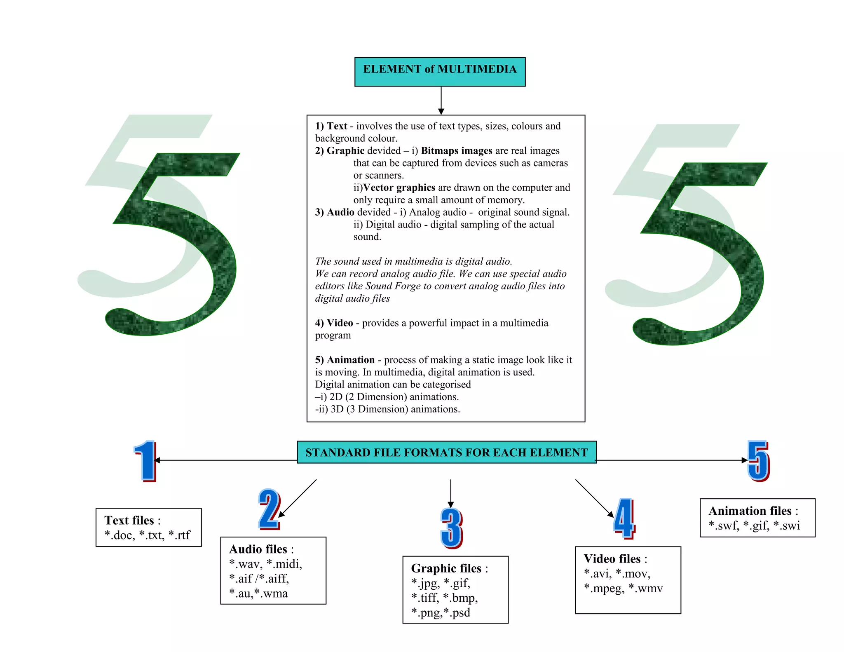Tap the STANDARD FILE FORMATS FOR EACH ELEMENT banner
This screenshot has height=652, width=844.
tap(446, 452)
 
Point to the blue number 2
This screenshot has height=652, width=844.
tap(269, 509)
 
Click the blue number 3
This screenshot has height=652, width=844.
tap(451, 528)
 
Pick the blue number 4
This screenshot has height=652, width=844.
tap(624, 518)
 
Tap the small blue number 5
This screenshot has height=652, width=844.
tap(758, 460)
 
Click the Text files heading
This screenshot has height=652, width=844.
tap(129, 520)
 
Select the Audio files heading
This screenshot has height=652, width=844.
tap(258, 549)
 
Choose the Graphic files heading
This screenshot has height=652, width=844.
tap(446, 568)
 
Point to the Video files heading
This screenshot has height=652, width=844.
tap(612, 558)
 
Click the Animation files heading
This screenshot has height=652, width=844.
tap(750, 511)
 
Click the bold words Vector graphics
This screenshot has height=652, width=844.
tap(399, 188)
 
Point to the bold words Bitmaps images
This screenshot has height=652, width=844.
tap(456, 150)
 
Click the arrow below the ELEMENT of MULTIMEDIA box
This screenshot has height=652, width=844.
tap(441, 101)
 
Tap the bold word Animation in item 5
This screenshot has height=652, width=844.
tap(351, 360)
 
